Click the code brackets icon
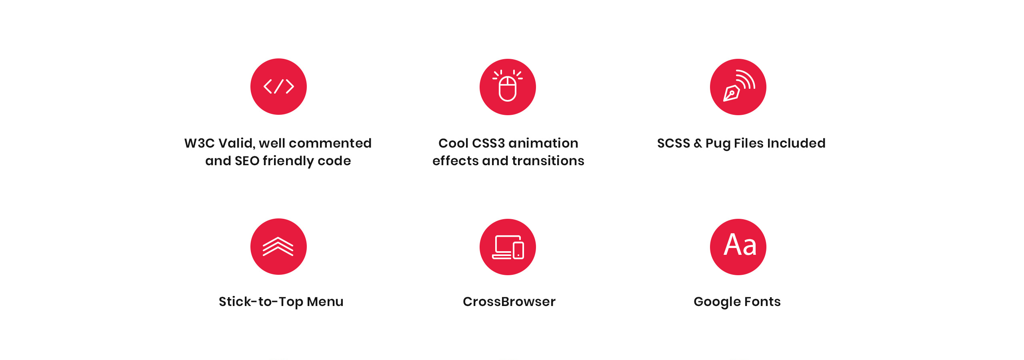tap(279, 86)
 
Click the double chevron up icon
tap(278, 246)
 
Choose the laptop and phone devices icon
tap(508, 247)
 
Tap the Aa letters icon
tap(740, 245)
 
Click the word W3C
tap(199, 143)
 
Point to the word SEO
tap(247, 161)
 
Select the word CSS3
tap(488, 143)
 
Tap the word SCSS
tap(674, 143)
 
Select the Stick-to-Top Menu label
tap(281, 302)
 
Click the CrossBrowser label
tap(509, 302)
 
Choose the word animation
tap(543, 143)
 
